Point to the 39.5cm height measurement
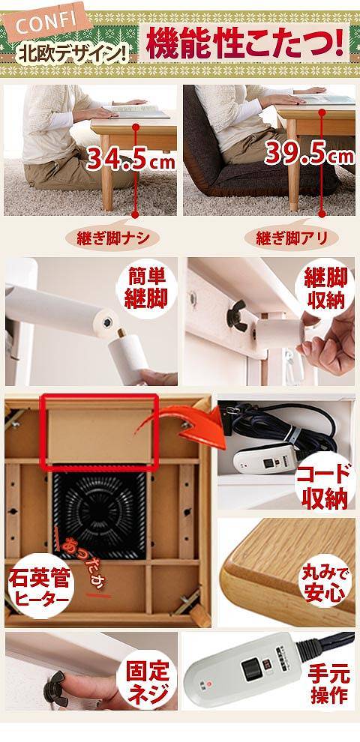tap(308, 155)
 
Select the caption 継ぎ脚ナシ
tap(112, 238)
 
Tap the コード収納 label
tap(325, 486)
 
